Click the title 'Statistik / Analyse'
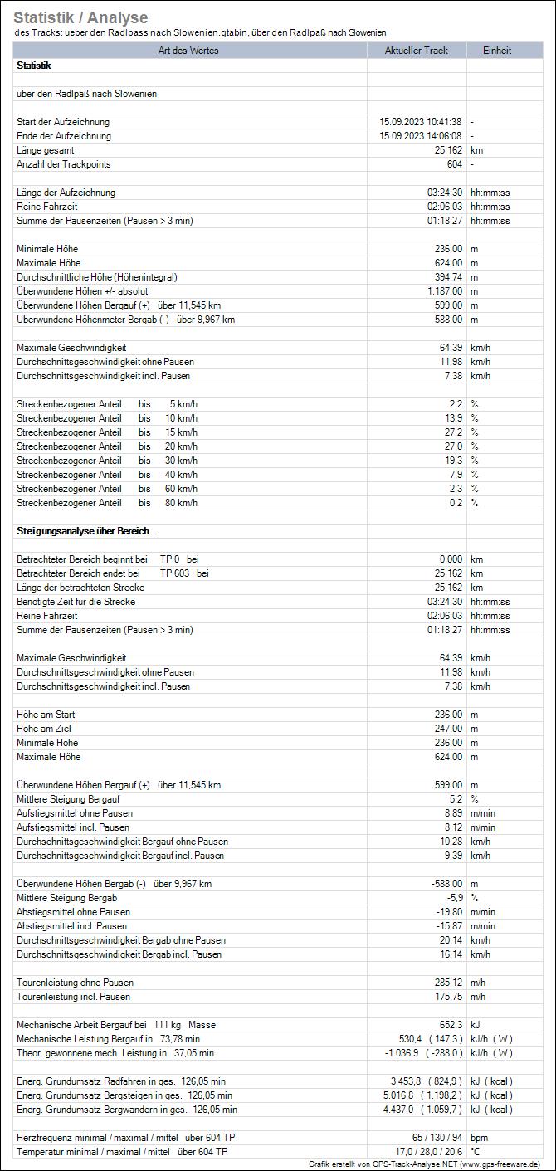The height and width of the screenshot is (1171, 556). coord(80,17)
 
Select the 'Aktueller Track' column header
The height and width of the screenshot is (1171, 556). coord(416,51)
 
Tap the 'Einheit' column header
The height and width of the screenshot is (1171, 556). coord(497,51)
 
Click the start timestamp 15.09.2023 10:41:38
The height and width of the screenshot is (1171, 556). coord(420,122)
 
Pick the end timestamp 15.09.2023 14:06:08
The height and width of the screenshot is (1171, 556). coord(420,136)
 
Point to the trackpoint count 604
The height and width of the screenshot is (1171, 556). coord(454,164)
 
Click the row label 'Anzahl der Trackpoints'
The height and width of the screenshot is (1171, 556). coord(63,164)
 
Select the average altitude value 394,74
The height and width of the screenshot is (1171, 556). coord(445,277)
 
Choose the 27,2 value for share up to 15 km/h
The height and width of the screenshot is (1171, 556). coord(453,432)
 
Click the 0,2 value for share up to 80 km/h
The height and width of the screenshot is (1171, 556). coord(456,503)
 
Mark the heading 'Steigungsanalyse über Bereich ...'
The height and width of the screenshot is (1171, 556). coord(87,531)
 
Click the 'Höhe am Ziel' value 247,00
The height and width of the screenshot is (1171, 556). coord(445,729)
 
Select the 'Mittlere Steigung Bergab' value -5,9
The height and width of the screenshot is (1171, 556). coord(454,898)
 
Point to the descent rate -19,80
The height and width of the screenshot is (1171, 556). coord(443,912)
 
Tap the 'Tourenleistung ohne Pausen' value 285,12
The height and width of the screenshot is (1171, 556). coord(445,983)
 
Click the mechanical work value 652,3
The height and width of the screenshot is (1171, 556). coord(449,1025)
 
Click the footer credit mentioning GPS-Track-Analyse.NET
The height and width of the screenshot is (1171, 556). coord(424,1164)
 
